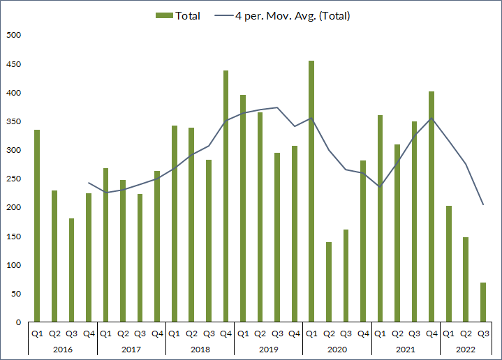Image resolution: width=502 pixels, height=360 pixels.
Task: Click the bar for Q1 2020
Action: [x=311, y=191]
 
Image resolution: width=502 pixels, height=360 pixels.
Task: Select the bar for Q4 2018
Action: [x=226, y=196]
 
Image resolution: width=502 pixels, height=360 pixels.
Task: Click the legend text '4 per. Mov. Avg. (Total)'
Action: [x=293, y=15]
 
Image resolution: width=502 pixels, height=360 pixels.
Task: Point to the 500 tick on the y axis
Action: [x=14, y=36]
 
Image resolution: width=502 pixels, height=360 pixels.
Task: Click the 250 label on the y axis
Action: [x=14, y=179]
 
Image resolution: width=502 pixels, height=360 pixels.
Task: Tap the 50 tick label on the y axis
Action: [x=16, y=294]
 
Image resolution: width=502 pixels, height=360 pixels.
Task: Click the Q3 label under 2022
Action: [x=482, y=333]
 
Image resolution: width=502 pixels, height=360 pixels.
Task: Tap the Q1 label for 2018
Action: [x=174, y=333]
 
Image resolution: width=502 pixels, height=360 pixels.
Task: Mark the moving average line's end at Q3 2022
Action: [x=482, y=204]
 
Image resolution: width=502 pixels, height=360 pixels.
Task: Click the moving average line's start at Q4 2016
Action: [x=89, y=183]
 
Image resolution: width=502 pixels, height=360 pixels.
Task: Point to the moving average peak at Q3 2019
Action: [x=277, y=107]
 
